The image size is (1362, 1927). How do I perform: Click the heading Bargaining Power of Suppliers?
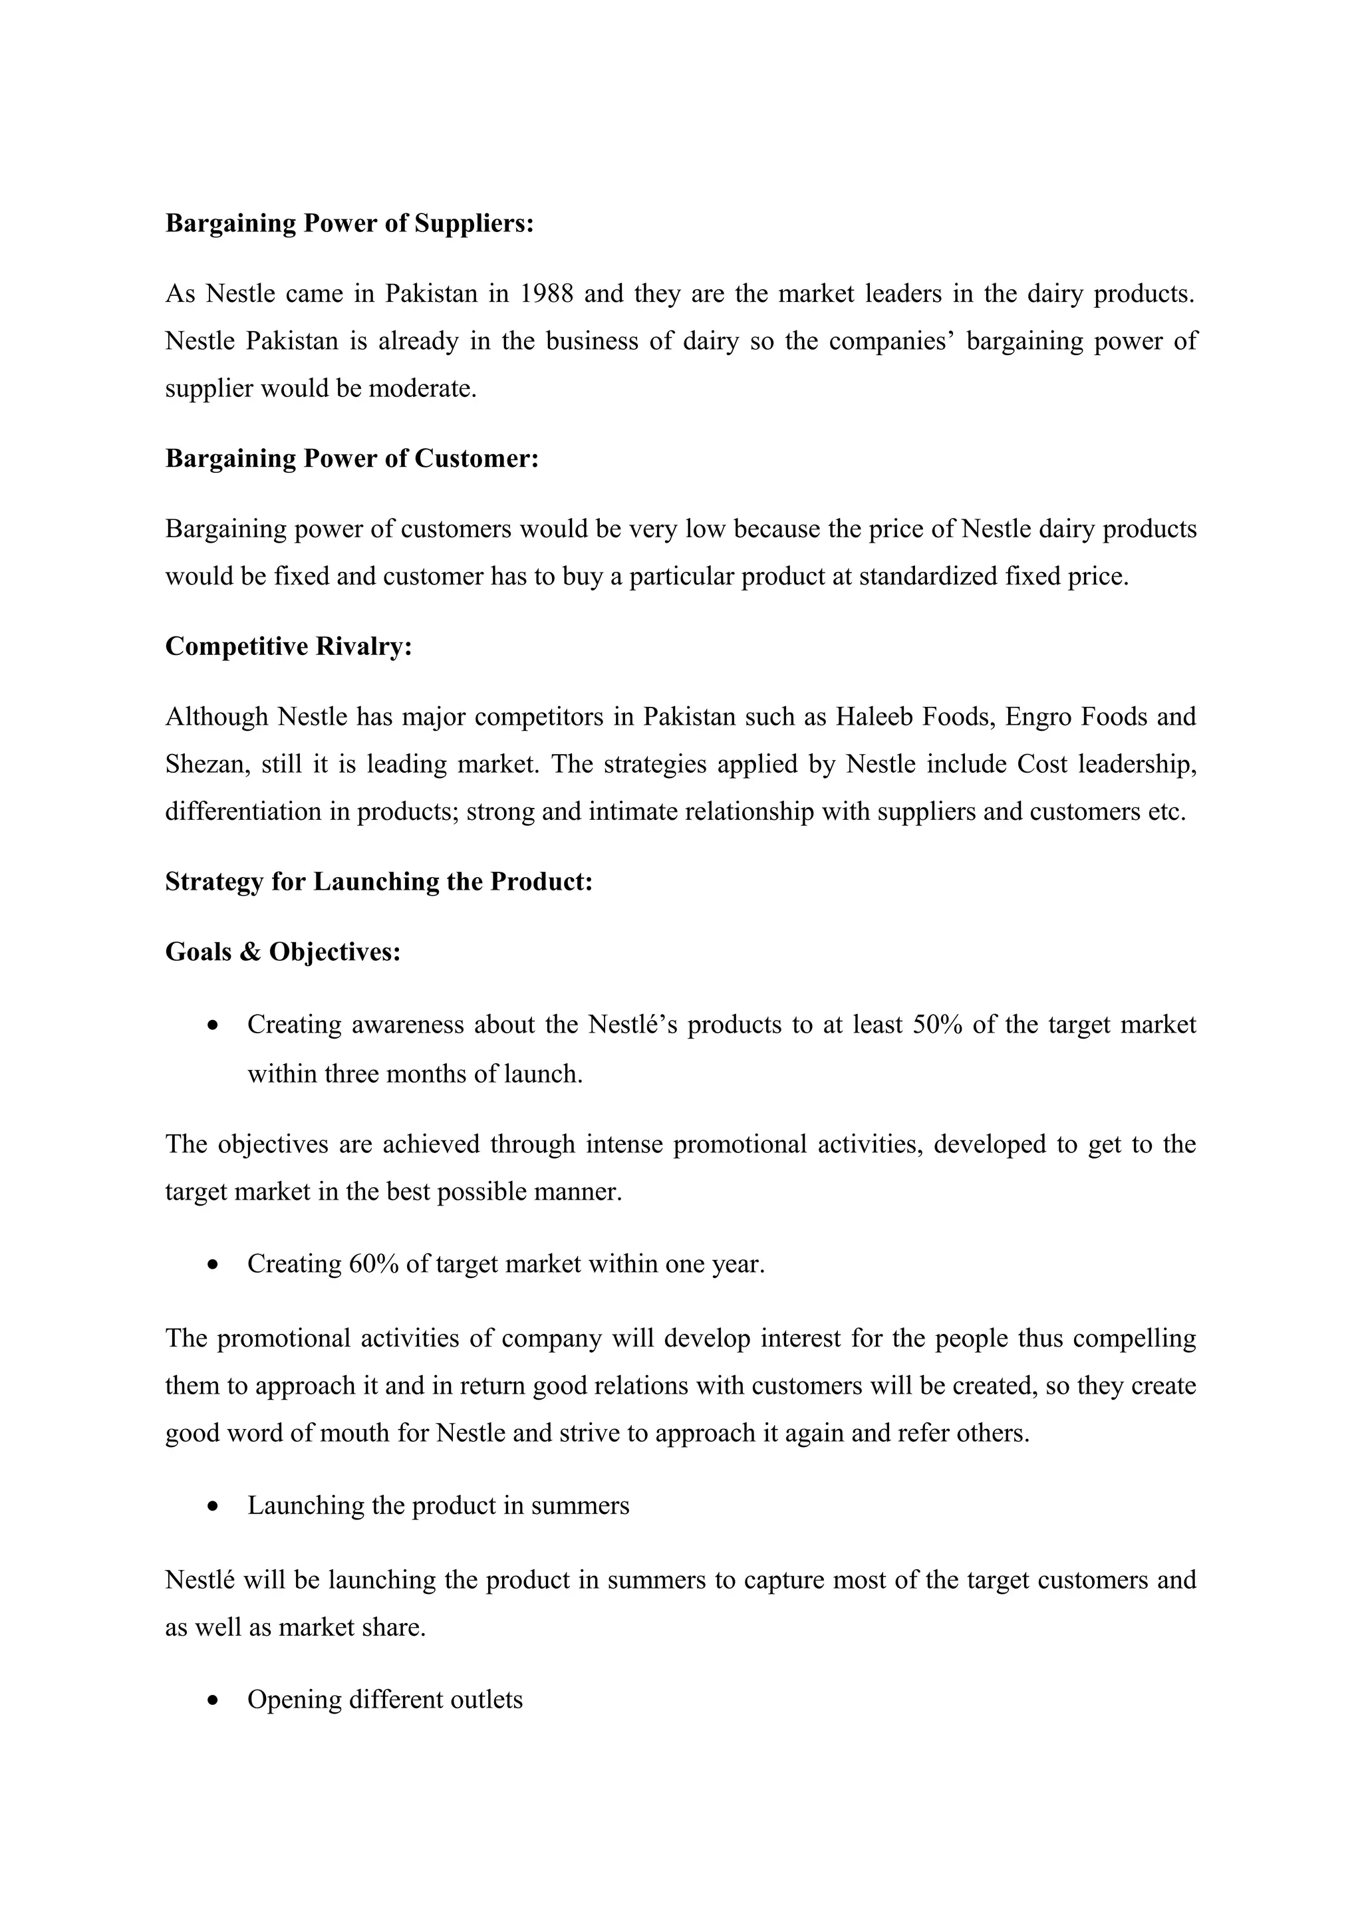[x=349, y=223]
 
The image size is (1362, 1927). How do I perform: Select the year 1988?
[x=546, y=294]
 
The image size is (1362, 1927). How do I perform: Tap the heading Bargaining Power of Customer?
[x=352, y=458]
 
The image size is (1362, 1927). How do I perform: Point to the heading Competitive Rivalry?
[x=289, y=646]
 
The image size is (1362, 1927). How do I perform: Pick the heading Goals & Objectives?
[x=283, y=952]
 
